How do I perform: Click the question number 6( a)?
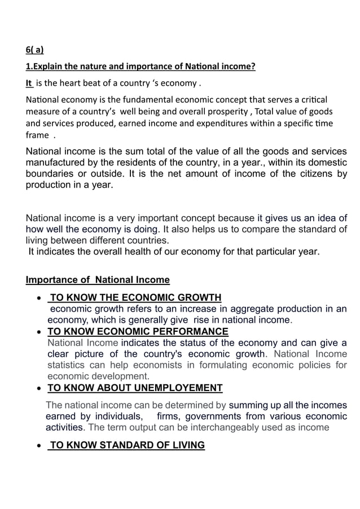coord(35,49)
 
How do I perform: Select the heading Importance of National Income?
coord(98,280)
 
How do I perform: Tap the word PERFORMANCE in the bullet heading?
coord(189,331)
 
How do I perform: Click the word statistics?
coord(71,365)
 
